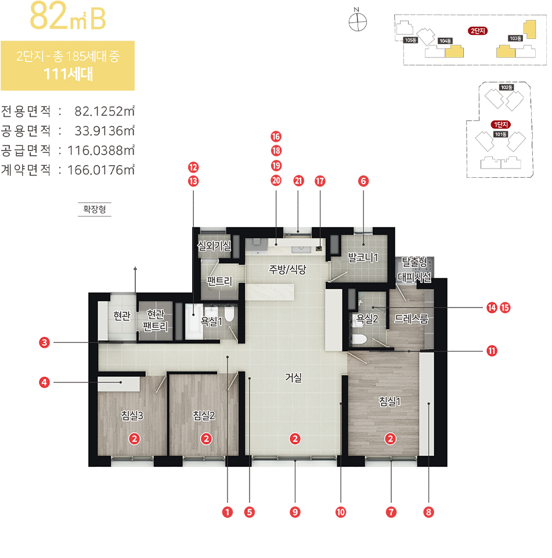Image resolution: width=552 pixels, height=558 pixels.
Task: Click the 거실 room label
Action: point(293,377)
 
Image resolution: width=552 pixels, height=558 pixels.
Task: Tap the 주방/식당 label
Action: point(287,269)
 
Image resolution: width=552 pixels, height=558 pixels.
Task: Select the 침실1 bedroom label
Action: point(389,402)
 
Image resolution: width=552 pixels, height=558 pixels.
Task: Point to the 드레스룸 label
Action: point(412,319)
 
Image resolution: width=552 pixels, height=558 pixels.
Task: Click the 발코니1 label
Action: point(363,257)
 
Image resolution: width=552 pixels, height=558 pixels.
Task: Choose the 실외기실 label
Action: point(214,245)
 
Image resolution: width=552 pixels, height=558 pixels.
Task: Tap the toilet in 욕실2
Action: point(359,339)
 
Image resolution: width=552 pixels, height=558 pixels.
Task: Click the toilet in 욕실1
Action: point(230,313)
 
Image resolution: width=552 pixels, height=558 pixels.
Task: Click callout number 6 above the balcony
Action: point(363,181)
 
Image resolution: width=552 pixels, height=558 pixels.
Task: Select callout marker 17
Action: point(320,181)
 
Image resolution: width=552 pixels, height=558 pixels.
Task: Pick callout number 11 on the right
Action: point(492,351)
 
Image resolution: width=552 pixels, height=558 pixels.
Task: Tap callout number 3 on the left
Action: point(44,343)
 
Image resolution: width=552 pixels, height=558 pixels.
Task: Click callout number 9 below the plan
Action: point(295,512)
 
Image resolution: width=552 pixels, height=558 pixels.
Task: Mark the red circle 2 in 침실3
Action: point(134,439)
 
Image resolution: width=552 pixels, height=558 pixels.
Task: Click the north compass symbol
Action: point(358,22)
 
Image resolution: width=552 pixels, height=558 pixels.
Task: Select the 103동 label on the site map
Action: point(515,38)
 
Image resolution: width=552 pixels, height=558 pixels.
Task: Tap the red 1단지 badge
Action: point(501,124)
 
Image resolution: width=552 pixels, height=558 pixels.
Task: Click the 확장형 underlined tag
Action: point(95,209)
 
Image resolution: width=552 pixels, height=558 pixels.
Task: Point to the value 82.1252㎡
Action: point(104,112)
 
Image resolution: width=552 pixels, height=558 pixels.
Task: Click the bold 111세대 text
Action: point(68,74)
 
